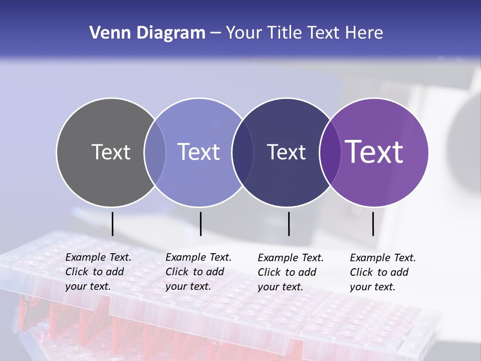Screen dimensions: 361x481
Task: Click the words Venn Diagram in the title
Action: click(x=147, y=33)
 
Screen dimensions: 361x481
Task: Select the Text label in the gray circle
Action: click(x=111, y=152)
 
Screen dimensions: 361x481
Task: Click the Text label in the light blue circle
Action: click(x=198, y=152)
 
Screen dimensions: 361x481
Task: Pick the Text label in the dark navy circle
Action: click(x=286, y=152)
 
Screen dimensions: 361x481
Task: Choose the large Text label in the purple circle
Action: click(x=374, y=152)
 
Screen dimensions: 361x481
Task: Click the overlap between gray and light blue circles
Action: click(x=155, y=152)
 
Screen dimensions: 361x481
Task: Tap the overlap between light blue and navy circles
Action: click(x=243, y=152)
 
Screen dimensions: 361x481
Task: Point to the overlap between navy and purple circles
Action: click(x=330, y=152)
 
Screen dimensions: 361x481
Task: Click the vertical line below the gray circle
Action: click(x=113, y=224)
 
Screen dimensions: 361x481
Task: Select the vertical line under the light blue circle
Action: click(x=200, y=224)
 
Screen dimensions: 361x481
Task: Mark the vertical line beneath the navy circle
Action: click(x=289, y=224)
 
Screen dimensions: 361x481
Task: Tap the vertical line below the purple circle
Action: click(x=373, y=224)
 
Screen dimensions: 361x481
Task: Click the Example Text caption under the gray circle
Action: click(x=98, y=272)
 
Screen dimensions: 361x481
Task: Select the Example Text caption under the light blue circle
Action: click(x=198, y=272)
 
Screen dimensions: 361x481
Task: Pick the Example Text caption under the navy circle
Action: click(x=290, y=272)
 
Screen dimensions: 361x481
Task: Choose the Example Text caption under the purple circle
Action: click(x=382, y=272)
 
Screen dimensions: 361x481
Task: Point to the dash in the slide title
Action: click(x=215, y=34)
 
